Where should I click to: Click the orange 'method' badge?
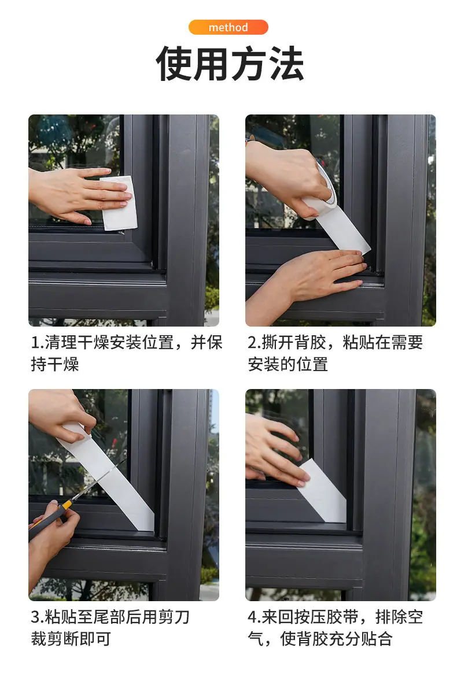click(x=228, y=27)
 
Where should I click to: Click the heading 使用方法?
click(x=229, y=64)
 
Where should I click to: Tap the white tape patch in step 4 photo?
click(x=323, y=491)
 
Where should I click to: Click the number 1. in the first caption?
click(x=38, y=343)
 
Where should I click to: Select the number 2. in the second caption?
click(x=255, y=343)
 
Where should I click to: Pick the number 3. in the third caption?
click(x=38, y=617)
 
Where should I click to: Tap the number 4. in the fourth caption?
click(x=255, y=617)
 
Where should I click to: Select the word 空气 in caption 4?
click(x=416, y=617)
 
